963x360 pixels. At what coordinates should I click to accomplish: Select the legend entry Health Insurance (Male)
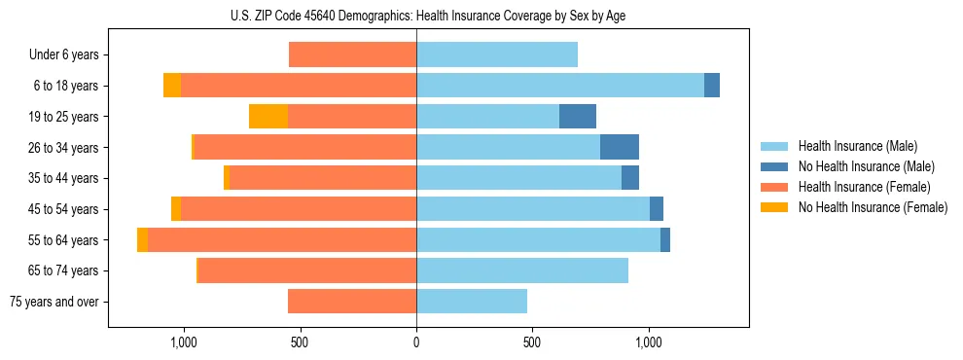pos(857,146)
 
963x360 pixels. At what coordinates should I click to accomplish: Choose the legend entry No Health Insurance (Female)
pos(872,207)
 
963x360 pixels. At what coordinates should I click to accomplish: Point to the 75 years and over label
pos(54,302)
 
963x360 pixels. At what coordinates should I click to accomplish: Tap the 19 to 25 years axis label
pos(64,117)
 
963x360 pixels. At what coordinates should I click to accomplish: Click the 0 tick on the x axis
pos(416,342)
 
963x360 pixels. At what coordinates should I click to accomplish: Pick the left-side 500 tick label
pos(300,342)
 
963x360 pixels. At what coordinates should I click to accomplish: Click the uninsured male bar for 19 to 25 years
pos(578,117)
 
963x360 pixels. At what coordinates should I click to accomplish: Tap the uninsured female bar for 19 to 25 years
pos(268,117)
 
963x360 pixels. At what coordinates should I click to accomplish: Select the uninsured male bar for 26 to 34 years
pos(620,147)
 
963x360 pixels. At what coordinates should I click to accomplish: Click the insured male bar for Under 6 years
pos(497,55)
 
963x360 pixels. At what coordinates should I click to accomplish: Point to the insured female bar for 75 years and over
pos(352,302)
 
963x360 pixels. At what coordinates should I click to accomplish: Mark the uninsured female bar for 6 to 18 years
pos(172,86)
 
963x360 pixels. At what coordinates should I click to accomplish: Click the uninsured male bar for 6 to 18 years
pos(712,86)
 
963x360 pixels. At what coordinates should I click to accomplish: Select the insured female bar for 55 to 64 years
pos(282,239)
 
